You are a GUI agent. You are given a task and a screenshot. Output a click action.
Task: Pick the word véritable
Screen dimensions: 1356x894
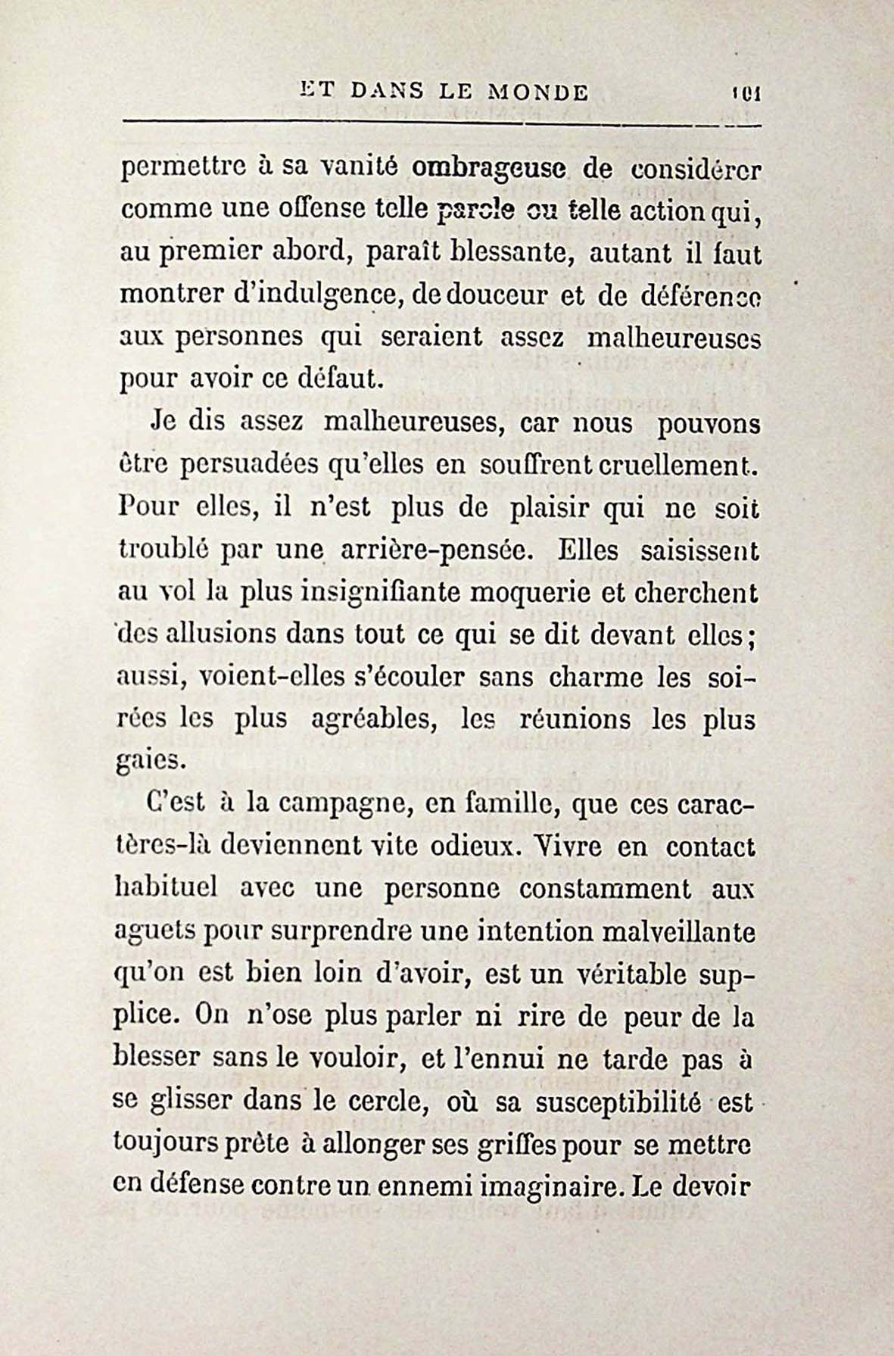tap(611, 973)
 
